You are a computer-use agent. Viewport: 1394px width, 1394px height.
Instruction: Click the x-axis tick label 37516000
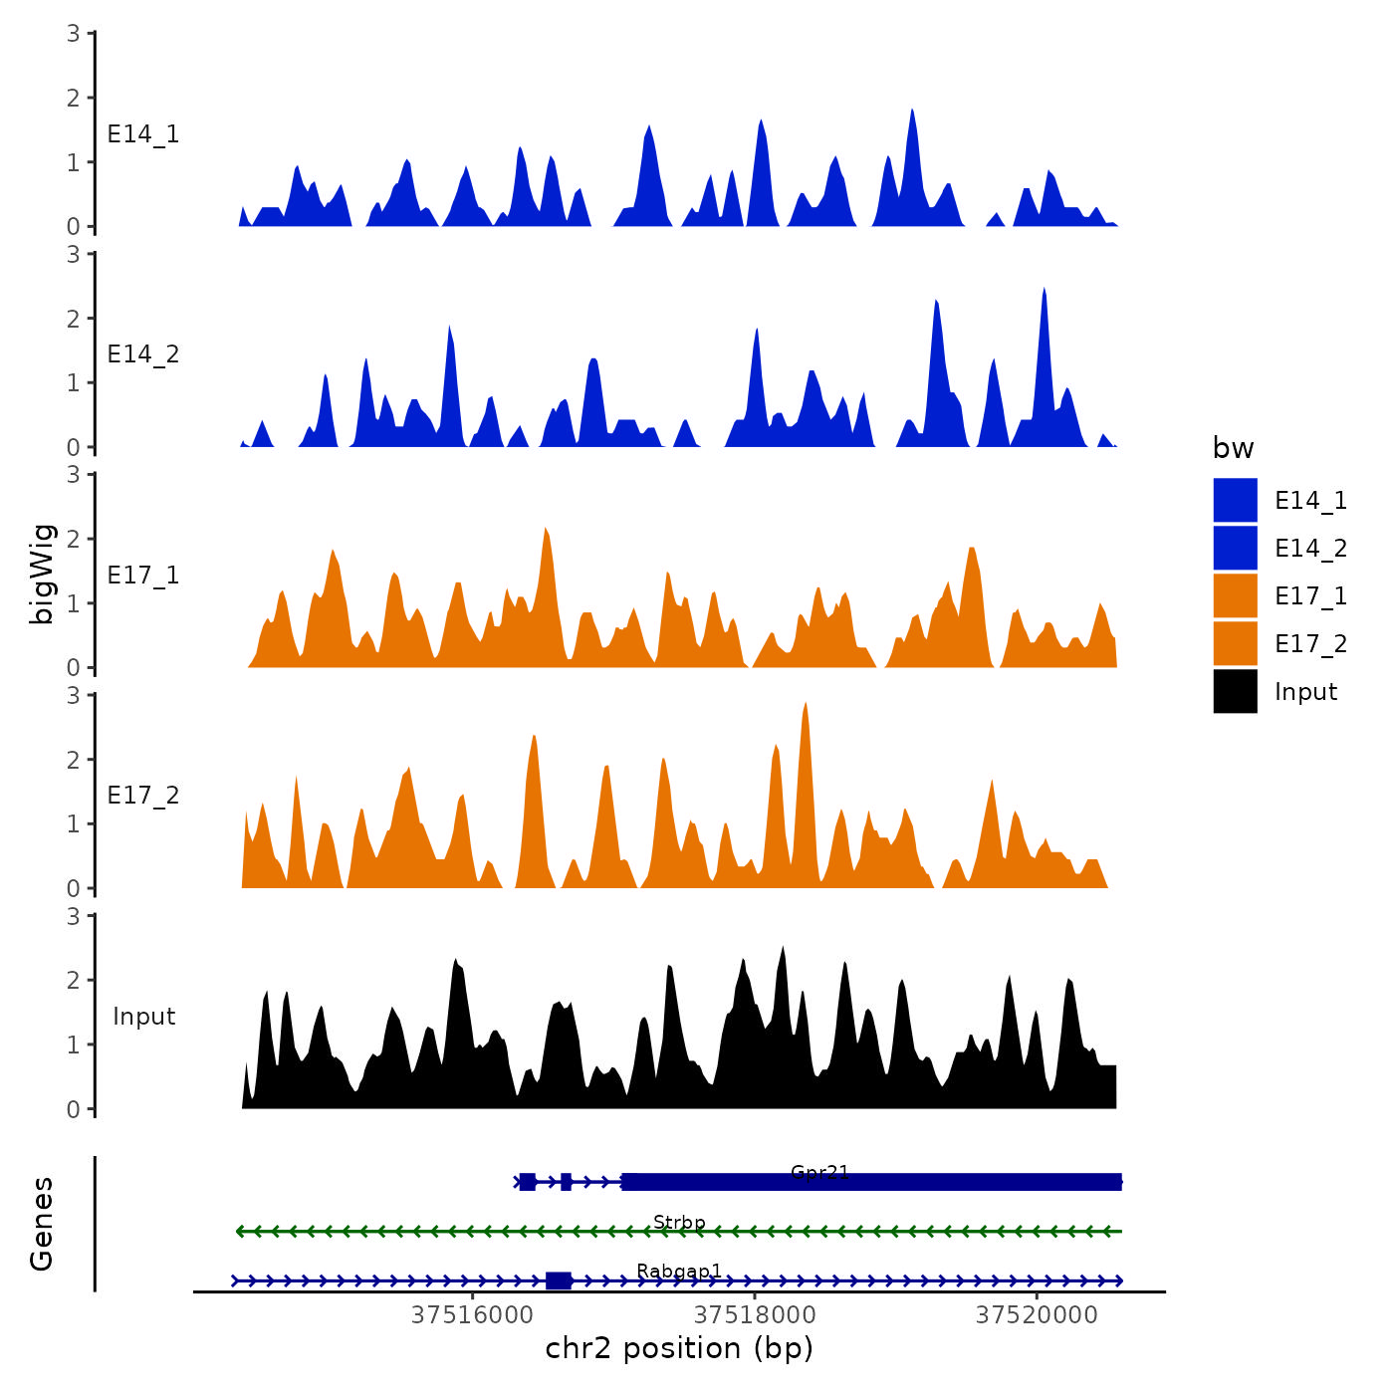(x=472, y=1315)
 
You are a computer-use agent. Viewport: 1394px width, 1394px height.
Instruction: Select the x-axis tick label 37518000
(x=755, y=1315)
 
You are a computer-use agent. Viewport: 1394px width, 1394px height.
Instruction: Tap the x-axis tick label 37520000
(x=1037, y=1315)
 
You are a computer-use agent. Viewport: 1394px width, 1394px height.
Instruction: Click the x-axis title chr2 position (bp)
(x=679, y=1348)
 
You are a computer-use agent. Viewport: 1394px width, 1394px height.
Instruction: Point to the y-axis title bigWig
(x=42, y=574)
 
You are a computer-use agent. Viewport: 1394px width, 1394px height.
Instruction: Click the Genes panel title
(x=42, y=1224)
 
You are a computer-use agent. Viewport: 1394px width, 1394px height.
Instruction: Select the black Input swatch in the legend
(x=1235, y=692)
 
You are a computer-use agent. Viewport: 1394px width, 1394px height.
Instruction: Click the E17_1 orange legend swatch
(x=1235, y=596)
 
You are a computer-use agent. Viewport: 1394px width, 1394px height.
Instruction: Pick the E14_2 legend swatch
(x=1235, y=549)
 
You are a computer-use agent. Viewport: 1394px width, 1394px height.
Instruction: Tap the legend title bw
(x=1233, y=448)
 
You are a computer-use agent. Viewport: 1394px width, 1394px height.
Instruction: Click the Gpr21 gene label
(x=819, y=1172)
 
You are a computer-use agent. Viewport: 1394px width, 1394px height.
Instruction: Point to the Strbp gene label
(x=679, y=1222)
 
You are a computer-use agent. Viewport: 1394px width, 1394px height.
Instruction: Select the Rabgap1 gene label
(x=679, y=1271)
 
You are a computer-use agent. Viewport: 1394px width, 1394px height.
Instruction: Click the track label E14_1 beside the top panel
(x=143, y=134)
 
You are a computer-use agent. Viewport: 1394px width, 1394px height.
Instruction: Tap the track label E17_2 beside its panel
(x=143, y=796)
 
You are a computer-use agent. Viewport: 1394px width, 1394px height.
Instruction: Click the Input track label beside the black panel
(x=143, y=1017)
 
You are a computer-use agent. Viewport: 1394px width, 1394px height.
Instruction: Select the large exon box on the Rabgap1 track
(x=559, y=1280)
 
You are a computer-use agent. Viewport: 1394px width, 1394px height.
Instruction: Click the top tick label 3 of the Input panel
(x=74, y=916)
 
